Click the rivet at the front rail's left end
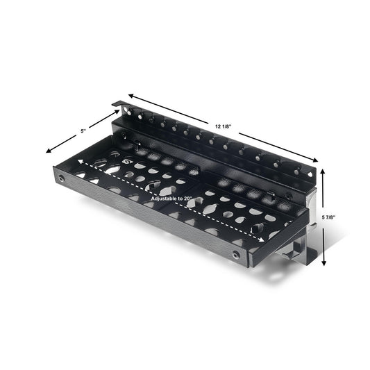click(x=60, y=179)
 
